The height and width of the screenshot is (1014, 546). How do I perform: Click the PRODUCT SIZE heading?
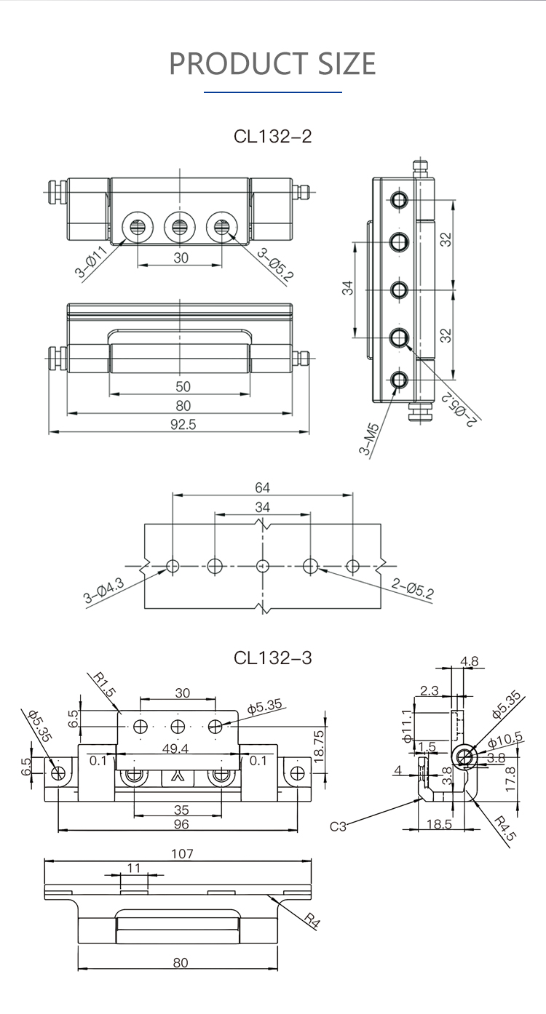click(x=272, y=64)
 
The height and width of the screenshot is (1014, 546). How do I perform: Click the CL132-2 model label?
click(x=272, y=136)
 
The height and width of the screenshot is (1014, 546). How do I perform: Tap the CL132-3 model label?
click(x=272, y=658)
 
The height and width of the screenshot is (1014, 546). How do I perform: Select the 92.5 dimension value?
click(x=183, y=425)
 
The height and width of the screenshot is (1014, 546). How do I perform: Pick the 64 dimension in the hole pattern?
click(x=262, y=487)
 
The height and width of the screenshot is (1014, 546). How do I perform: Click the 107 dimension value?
click(x=182, y=853)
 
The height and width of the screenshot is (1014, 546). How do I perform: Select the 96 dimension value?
click(x=181, y=823)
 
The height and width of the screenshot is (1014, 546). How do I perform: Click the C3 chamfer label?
click(x=339, y=826)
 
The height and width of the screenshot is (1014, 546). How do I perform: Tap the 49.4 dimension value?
click(x=178, y=748)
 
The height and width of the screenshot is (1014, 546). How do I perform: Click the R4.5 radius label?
click(x=505, y=829)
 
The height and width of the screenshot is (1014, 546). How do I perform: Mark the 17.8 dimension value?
click(x=510, y=779)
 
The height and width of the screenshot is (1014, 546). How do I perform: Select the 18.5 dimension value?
click(x=439, y=823)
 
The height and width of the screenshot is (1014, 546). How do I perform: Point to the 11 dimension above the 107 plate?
click(x=133, y=867)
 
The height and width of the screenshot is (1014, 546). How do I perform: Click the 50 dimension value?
click(x=183, y=387)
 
